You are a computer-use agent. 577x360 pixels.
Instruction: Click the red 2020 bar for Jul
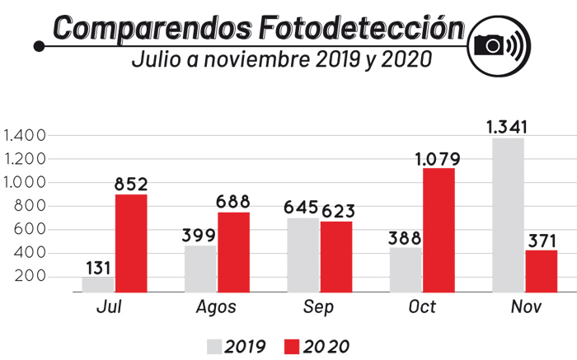click(x=131, y=242)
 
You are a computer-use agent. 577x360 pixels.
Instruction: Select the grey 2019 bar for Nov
click(x=508, y=214)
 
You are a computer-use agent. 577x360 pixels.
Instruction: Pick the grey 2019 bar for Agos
click(x=200, y=268)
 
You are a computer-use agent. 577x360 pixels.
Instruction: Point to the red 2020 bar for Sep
click(x=336, y=256)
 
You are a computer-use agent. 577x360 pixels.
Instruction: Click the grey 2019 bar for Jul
click(x=98, y=284)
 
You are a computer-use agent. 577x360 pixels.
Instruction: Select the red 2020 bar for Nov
click(x=541, y=270)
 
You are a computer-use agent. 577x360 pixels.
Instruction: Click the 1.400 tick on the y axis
click(x=25, y=135)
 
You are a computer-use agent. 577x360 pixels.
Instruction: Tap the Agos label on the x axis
click(x=217, y=307)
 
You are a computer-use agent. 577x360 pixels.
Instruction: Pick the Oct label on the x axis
click(x=421, y=307)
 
